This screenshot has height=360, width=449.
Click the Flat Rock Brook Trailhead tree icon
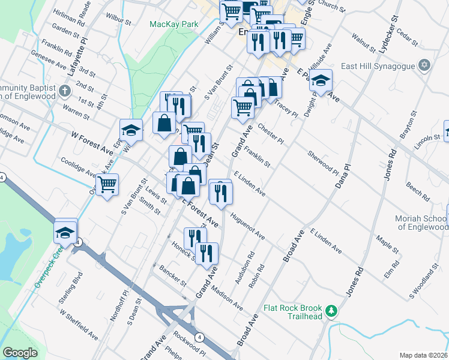coord(330,311)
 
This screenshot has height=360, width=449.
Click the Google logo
coord(20,353)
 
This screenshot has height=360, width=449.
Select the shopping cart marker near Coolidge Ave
coord(107,184)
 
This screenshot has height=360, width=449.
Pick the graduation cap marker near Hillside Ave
coord(321,81)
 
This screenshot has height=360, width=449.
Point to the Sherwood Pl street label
coord(323,161)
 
